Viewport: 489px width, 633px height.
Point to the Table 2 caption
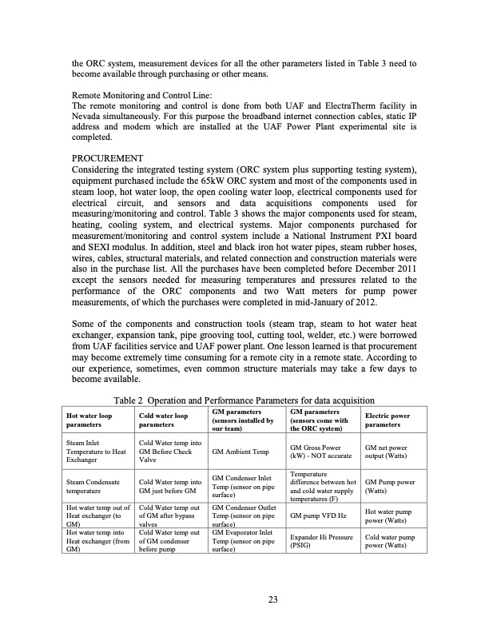pyautogui.click(x=245, y=400)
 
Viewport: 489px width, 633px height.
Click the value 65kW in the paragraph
pyautogui.click(x=234, y=181)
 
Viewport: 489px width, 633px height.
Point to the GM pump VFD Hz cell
pyautogui.click(x=316, y=516)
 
